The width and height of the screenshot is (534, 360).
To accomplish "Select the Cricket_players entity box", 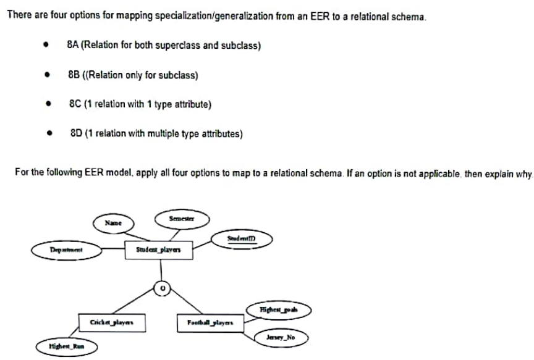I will (108, 322).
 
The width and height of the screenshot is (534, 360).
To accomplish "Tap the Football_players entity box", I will (210, 322).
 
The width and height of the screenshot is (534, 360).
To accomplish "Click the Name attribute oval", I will (112, 223).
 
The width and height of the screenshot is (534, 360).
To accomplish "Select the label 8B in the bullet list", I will (72, 76).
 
